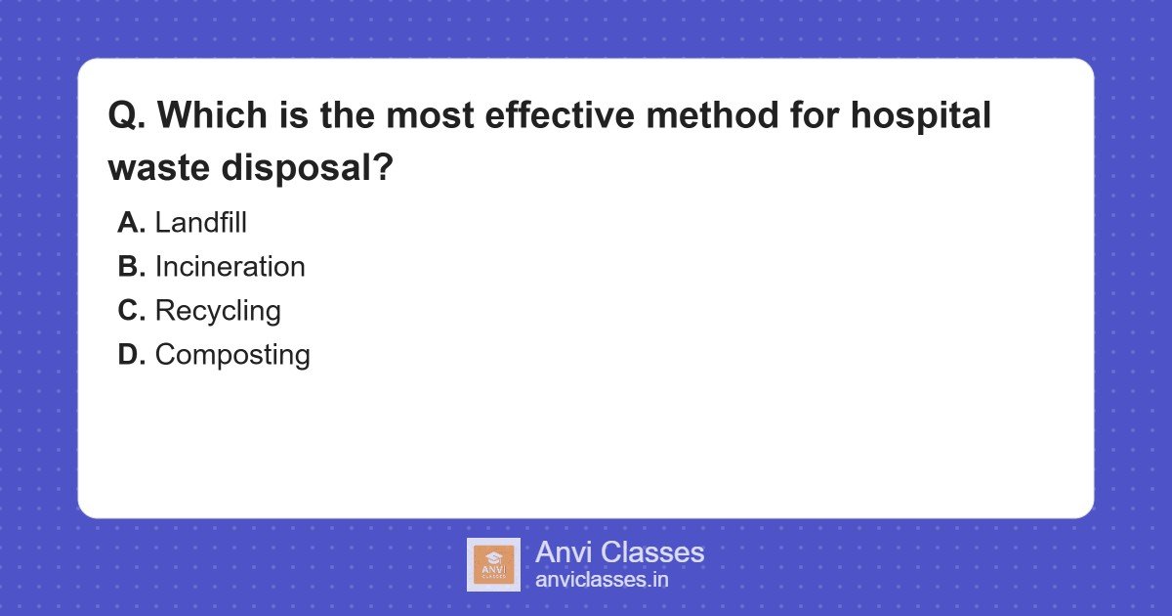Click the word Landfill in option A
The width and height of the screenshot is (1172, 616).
200,223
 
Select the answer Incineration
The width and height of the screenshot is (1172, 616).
230,267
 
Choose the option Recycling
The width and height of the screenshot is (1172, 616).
218,311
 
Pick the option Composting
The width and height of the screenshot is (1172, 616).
232,355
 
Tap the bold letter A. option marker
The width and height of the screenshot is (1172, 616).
131,223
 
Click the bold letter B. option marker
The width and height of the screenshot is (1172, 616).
131,267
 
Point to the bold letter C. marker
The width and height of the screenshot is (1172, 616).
131,311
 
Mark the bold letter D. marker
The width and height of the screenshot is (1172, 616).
131,355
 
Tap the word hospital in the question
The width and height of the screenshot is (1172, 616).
920,116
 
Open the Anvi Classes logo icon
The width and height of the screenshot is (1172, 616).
493,564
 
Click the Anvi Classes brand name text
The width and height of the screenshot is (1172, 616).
619,552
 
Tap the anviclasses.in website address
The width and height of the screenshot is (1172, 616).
602,579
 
